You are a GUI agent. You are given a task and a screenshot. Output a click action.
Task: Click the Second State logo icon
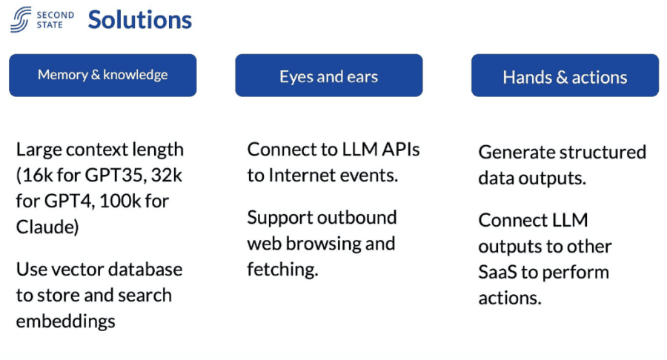pos(21,19)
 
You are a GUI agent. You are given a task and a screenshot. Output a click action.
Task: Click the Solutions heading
pos(139,20)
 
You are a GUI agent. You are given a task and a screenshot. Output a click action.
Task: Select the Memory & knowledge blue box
pos(102,75)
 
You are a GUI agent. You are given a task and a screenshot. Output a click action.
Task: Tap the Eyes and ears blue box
pos(328,76)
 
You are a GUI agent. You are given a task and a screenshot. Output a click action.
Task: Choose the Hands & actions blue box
pos(565,77)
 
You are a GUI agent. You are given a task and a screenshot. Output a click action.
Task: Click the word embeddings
pos(65,321)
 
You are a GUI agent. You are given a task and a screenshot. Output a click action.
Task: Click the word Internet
pos(307,176)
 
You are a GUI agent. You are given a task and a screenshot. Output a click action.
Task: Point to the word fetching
pos(282,270)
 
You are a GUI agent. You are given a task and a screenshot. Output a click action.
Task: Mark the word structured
pos(601,153)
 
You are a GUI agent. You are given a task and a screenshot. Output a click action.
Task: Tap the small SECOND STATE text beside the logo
pos(54,19)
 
